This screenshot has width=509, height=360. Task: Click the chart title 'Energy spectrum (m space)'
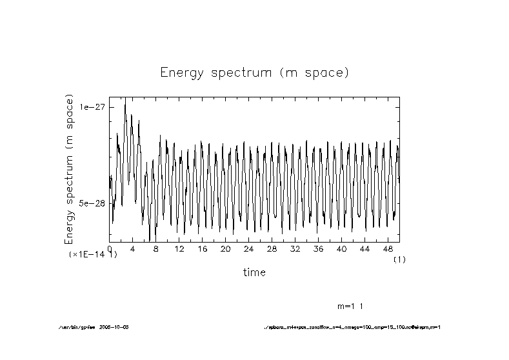pos(254,72)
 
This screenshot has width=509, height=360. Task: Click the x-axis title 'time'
pos(254,272)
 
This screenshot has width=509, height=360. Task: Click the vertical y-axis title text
pos(70,169)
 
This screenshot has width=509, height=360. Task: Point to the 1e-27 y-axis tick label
pos(92,107)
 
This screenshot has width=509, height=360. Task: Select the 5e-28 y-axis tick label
pos(92,203)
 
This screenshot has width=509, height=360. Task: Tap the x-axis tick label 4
pos(133,248)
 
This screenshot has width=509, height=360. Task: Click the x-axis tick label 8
pos(156,248)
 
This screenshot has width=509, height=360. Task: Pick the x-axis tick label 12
pos(179,248)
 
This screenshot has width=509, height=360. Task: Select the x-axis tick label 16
pos(203,248)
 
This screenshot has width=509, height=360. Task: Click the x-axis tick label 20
pos(226,248)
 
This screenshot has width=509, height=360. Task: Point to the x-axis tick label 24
pos(249,248)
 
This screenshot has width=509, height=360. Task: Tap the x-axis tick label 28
pos(272,248)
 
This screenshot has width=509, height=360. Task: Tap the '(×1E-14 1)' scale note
pos(93,255)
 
